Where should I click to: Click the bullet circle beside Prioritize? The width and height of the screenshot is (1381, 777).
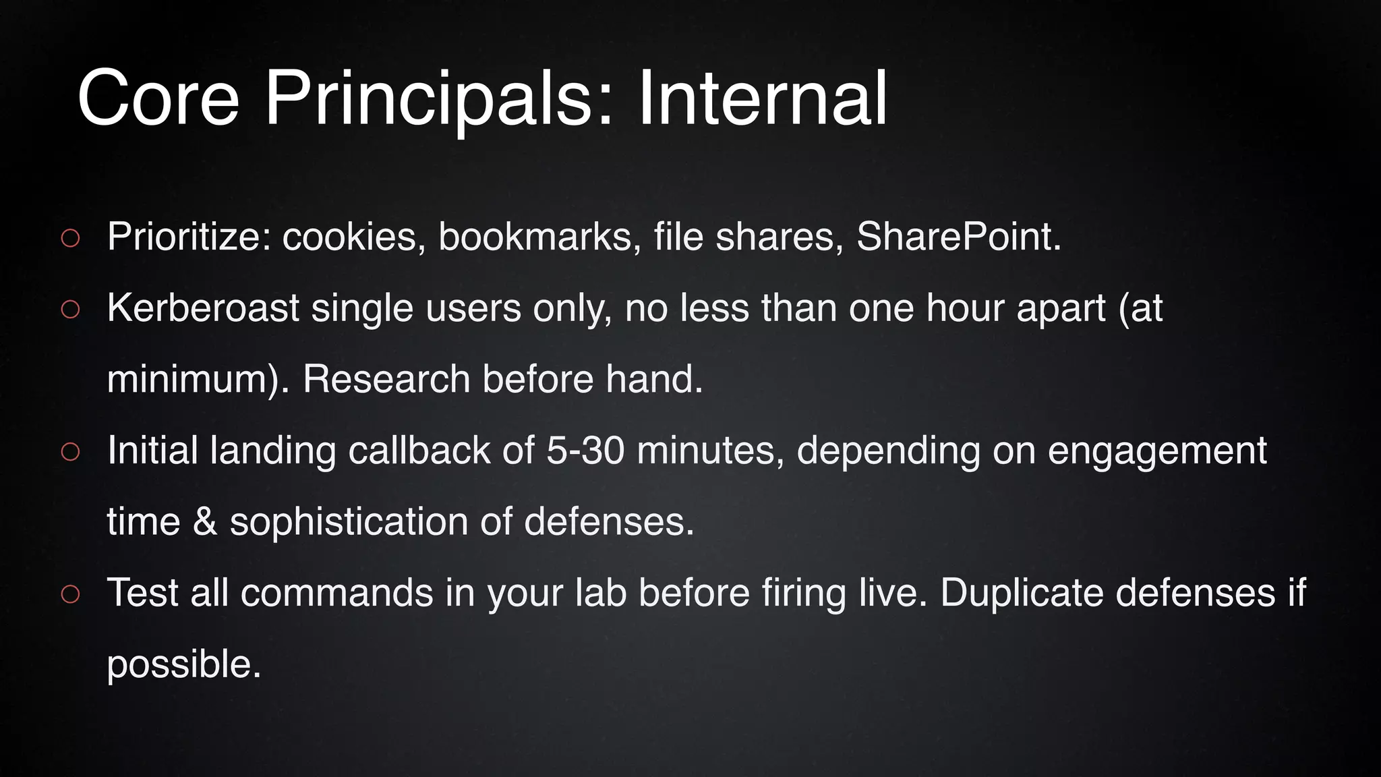pyautogui.click(x=70, y=238)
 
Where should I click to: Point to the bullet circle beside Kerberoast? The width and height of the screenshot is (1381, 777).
pyautogui.click(x=70, y=310)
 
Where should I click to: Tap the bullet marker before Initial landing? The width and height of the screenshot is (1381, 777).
pyautogui.click(x=70, y=452)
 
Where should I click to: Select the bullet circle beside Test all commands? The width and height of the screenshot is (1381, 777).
pyautogui.click(x=70, y=594)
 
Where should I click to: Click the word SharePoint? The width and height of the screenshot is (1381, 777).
pyautogui.click(x=958, y=237)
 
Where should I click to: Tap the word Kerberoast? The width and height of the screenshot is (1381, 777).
pyautogui.click(x=203, y=308)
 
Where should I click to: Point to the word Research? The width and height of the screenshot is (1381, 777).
pyautogui.click(x=386, y=379)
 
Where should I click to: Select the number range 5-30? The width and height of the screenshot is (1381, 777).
pyautogui.click(x=585, y=451)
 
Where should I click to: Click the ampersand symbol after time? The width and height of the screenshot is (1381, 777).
pyautogui.click(x=205, y=522)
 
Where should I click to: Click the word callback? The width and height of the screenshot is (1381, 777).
pyautogui.click(x=419, y=451)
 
